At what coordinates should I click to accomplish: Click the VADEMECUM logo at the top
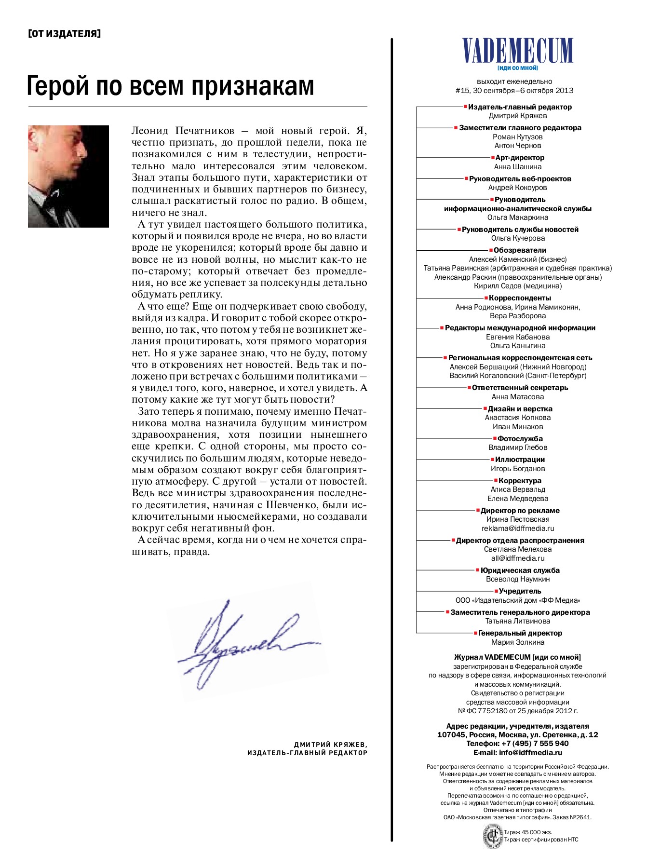[517, 50]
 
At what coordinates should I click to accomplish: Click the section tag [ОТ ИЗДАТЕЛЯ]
[65, 34]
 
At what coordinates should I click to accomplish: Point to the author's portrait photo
[68, 176]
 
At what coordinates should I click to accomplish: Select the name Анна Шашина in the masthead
[517, 167]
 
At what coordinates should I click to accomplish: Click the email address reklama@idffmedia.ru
[517, 528]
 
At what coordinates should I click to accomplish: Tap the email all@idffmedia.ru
[517, 558]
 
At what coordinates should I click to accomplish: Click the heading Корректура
[519, 480]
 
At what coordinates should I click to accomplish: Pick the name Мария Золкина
[517, 642]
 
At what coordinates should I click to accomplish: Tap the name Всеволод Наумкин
[517, 579]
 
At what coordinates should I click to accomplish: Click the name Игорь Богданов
[517, 468]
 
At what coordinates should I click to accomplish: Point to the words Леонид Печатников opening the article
[183, 131]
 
